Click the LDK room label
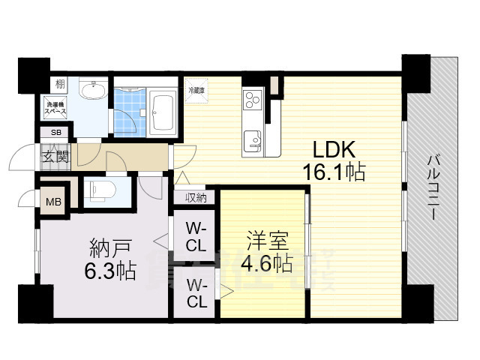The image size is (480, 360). click(323, 148)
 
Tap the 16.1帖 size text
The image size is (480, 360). click(334, 172)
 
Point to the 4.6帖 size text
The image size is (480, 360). click(267, 263)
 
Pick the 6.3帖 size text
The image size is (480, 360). click(111, 270)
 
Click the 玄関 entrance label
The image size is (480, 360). click(55, 157)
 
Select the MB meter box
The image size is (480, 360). click(54, 201)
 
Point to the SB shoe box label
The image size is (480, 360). click(55, 133)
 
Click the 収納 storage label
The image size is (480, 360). click(196, 197)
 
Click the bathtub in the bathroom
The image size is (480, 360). click(160, 112)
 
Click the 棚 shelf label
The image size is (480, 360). click(58, 84)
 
